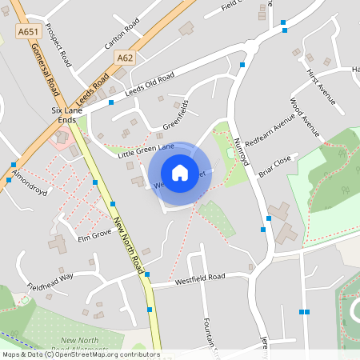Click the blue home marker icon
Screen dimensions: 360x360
[x=180, y=172]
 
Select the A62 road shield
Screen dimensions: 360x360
[x=125, y=58]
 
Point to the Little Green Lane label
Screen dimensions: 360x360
[x=146, y=148]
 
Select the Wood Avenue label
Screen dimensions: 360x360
[x=305, y=118]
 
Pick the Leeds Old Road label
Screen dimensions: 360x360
[x=149, y=83]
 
